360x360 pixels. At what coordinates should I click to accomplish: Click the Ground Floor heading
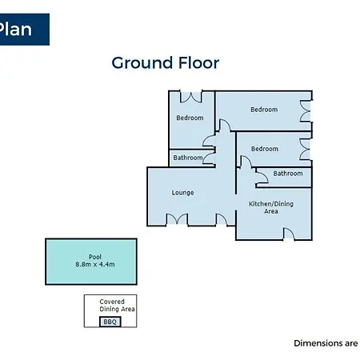(x=166, y=63)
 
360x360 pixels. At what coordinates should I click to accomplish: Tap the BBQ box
(x=110, y=322)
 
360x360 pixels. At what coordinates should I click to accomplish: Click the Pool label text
(x=95, y=257)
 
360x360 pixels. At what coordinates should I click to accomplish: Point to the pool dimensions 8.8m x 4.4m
(x=95, y=264)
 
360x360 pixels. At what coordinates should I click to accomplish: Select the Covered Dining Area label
(x=117, y=306)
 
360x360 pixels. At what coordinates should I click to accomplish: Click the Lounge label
(x=182, y=193)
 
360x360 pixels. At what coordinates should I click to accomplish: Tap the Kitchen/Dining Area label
(x=271, y=207)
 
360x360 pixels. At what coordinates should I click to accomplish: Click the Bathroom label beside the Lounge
(x=188, y=158)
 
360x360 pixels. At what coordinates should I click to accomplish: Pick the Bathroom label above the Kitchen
(x=288, y=174)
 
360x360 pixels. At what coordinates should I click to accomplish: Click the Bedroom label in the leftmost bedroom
(x=190, y=118)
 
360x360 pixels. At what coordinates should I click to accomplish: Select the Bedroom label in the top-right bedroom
(x=264, y=110)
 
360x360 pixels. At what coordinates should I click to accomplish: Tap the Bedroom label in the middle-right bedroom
(x=265, y=149)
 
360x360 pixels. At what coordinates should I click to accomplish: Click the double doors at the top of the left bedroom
(x=191, y=97)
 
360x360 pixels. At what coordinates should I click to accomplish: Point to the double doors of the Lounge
(x=178, y=219)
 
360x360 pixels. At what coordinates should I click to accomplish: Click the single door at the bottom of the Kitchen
(x=289, y=234)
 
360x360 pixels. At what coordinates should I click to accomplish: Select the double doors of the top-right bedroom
(x=306, y=111)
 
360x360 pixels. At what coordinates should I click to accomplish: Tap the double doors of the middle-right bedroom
(x=306, y=150)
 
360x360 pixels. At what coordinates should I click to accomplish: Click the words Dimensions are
(x=326, y=343)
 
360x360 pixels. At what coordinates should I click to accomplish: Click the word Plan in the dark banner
(x=15, y=29)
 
